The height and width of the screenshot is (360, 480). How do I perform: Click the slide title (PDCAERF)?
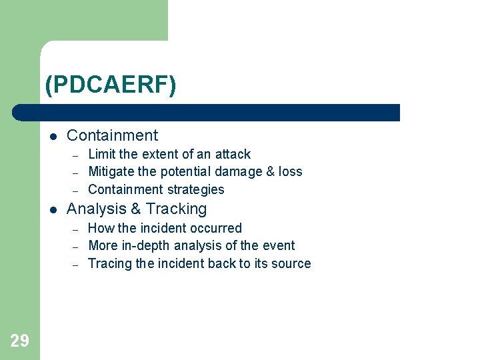point(111,85)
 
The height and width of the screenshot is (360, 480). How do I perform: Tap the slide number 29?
point(19,341)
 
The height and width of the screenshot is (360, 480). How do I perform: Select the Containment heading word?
point(112,135)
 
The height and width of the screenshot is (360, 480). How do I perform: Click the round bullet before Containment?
point(53,136)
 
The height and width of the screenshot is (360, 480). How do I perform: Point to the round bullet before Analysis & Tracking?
point(53,209)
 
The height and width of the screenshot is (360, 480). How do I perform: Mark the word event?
point(279,246)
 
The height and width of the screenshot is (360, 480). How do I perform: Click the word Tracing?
point(110,264)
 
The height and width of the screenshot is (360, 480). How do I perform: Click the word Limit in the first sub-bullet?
point(101,154)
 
